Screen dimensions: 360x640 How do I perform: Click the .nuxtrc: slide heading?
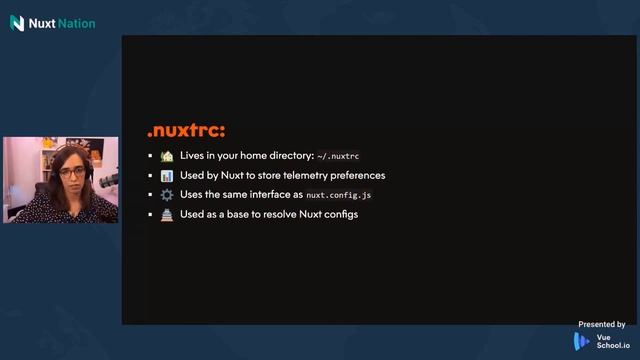[186, 131]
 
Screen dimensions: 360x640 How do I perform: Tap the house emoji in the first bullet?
[167, 156]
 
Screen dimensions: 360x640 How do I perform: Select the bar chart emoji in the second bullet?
[167, 175]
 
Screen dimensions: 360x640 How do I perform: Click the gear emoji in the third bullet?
[167, 194]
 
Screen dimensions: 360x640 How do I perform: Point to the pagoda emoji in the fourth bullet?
[167, 214]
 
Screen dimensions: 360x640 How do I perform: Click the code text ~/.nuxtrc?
[338, 157]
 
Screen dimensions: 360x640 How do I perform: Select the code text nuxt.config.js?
[339, 195]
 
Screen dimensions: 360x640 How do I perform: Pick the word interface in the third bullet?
[263, 194]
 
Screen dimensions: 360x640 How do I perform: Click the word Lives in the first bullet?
[192, 156]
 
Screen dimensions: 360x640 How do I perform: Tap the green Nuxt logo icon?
[17, 22]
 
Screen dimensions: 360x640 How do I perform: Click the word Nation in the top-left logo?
[77, 22]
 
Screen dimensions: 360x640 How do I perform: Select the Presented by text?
[601, 324]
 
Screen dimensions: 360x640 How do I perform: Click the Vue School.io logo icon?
[582, 341]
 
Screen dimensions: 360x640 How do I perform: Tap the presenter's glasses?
[71, 172]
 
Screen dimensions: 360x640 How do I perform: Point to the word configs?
[340, 214]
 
